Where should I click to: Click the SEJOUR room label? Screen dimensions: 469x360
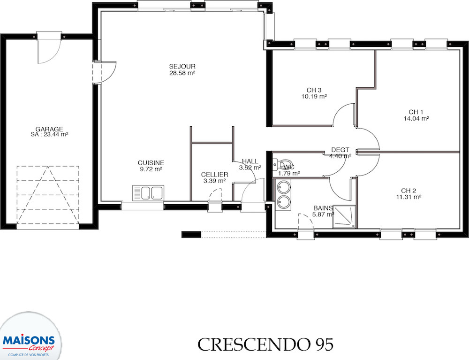182,67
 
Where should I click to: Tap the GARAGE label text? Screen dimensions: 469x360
49,129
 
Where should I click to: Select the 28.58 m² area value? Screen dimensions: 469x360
182,73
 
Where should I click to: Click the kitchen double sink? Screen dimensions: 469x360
148,193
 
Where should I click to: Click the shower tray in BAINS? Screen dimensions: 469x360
345,217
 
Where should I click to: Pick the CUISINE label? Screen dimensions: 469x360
151,163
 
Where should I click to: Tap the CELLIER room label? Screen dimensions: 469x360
214,175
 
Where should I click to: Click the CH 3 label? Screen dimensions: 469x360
314,90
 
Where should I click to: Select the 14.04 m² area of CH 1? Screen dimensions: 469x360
416,118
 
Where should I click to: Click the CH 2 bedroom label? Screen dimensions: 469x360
408,191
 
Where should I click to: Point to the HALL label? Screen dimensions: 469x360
250,161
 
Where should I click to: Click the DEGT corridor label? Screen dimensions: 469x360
340,150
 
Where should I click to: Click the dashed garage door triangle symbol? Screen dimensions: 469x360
48,195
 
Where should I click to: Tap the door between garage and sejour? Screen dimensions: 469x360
104,72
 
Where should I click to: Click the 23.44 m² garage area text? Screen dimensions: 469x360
49,135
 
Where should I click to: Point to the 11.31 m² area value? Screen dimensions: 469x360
408,197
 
